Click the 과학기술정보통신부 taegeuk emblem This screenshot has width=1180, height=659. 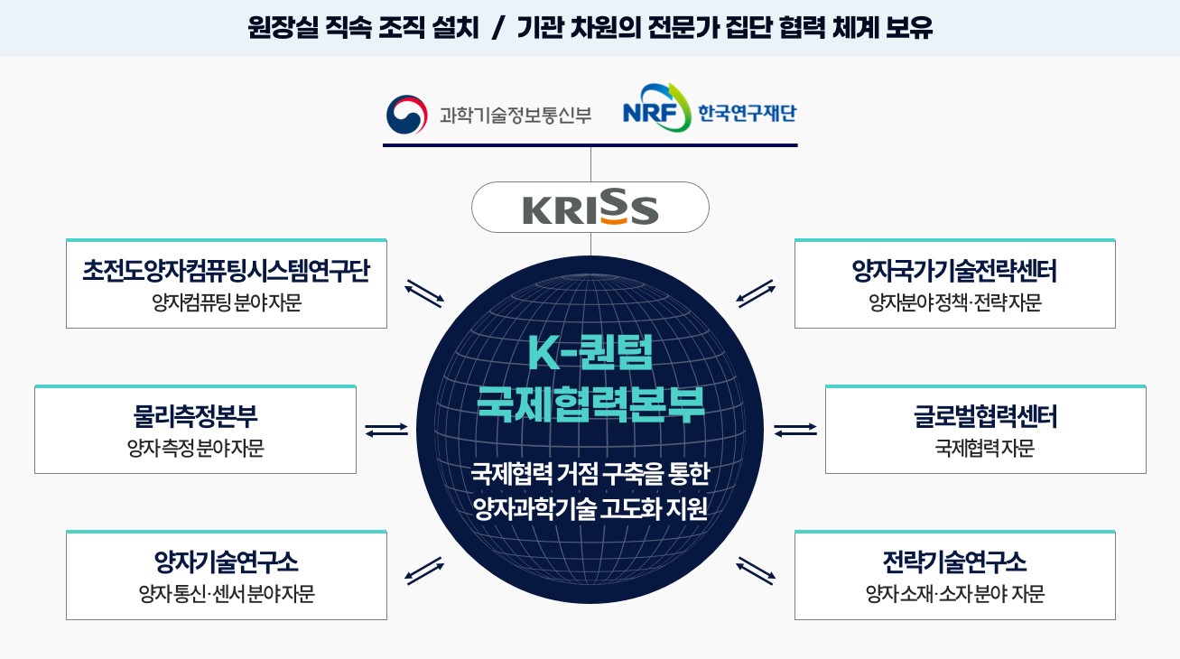(406, 115)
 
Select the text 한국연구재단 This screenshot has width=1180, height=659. (747, 113)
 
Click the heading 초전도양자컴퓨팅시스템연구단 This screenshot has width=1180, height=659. (227, 271)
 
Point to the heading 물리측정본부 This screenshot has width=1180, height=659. (195, 416)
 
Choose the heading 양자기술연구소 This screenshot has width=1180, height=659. (227, 562)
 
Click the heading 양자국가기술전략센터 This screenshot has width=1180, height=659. (954, 271)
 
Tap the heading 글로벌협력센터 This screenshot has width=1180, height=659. (985, 416)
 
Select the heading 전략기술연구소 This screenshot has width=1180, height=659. (954, 562)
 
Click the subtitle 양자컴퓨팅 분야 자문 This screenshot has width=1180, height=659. (227, 302)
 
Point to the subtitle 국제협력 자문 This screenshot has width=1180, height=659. (985, 448)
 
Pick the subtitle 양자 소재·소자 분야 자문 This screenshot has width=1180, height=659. (954, 594)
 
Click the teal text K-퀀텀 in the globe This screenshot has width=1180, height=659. (590, 352)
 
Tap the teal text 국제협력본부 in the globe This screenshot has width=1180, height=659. (590, 404)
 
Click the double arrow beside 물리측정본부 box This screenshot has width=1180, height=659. (386, 430)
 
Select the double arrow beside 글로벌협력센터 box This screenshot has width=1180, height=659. (795, 430)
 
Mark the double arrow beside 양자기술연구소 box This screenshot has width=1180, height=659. (424, 571)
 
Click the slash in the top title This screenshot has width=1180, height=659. (497, 28)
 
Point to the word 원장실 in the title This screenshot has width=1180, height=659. (283, 27)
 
